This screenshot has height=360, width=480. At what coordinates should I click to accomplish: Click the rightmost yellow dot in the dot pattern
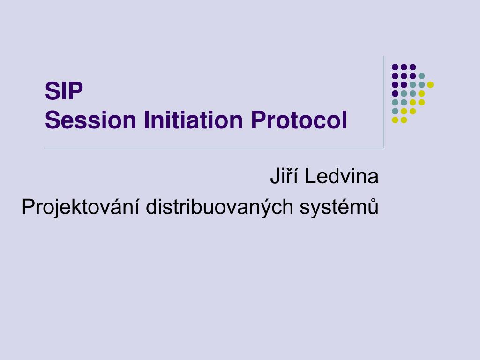tap(430, 85)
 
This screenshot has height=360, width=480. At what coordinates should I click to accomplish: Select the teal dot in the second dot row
tap(421, 76)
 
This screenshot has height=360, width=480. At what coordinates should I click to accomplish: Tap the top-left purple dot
tap(395, 67)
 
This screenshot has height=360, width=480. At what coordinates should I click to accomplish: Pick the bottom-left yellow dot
tap(395, 120)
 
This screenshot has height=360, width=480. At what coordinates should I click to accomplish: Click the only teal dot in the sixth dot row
tap(395, 111)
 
